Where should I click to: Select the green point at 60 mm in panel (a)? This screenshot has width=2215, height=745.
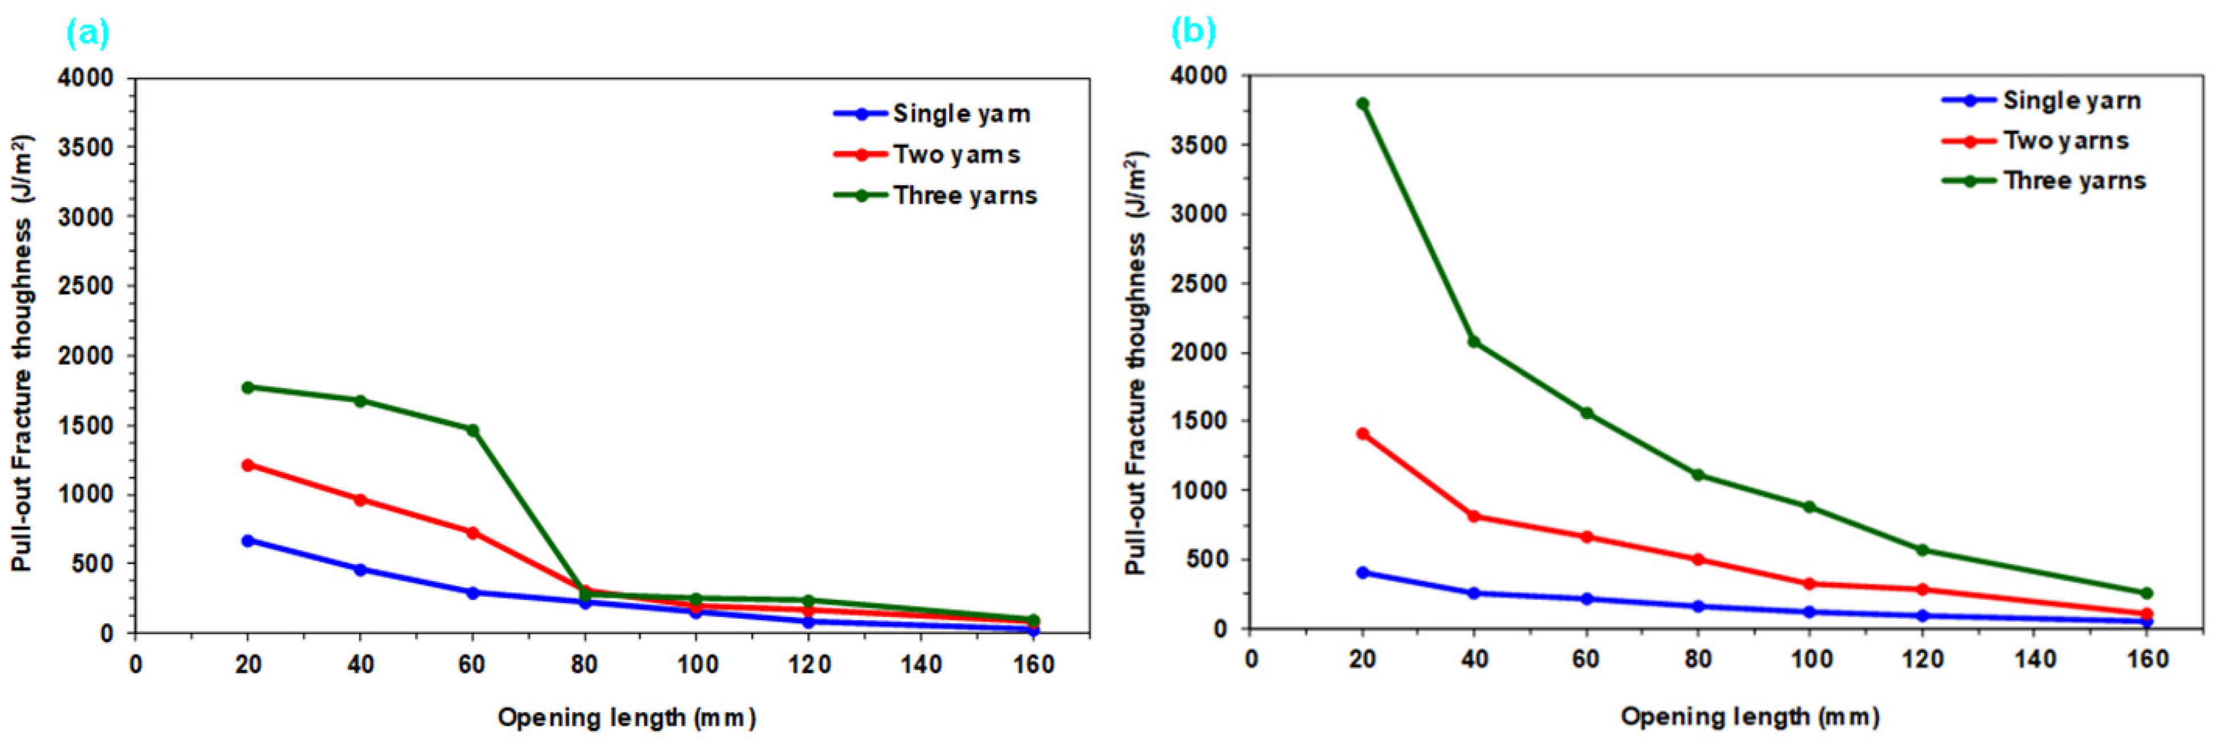click(x=472, y=430)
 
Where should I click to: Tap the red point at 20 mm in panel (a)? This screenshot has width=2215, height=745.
click(x=247, y=465)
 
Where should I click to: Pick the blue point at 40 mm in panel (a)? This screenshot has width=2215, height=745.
click(x=361, y=569)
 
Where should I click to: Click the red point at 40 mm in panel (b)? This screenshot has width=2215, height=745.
click(x=1474, y=516)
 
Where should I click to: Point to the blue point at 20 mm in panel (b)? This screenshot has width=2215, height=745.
click(x=1362, y=572)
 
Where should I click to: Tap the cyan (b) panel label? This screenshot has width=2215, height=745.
click(x=1194, y=32)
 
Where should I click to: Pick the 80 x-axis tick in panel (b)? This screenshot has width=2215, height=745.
click(x=1698, y=660)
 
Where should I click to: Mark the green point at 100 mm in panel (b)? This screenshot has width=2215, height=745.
click(x=1809, y=507)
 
